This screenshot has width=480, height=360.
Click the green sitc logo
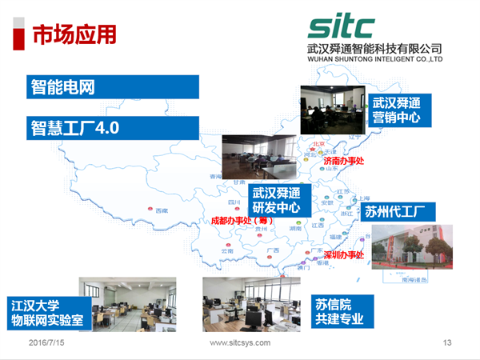342,26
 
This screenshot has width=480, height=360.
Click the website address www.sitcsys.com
239,342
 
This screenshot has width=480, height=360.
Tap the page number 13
447,342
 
